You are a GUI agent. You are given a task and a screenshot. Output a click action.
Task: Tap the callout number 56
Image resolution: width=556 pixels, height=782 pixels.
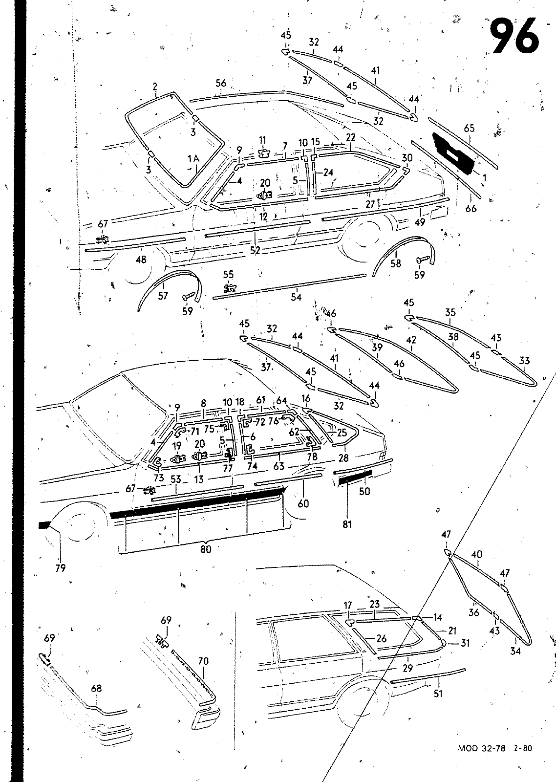click(x=221, y=83)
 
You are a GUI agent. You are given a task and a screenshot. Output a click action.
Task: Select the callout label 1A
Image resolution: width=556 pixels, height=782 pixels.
click(x=193, y=159)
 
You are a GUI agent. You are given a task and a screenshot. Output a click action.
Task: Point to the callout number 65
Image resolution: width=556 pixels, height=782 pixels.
click(x=470, y=128)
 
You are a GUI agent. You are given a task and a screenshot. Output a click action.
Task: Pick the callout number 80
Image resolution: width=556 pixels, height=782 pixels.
click(x=206, y=549)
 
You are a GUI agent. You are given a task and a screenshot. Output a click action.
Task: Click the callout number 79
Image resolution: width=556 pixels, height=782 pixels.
click(x=61, y=568)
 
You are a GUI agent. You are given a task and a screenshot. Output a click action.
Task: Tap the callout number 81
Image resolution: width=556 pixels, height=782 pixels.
click(x=347, y=524)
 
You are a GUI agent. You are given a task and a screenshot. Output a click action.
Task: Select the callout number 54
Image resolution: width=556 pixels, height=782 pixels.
click(x=296, y=297)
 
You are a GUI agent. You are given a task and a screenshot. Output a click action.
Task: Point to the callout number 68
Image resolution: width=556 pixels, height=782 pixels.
click(x=96, y=688)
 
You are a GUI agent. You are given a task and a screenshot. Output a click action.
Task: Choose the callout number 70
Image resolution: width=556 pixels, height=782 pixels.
click(x=203, y=661)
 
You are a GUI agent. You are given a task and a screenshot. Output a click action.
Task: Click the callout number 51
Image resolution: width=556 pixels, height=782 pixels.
click(x=438, y=694)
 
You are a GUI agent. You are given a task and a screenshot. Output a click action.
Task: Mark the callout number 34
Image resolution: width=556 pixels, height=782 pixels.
click(x=515, y=651)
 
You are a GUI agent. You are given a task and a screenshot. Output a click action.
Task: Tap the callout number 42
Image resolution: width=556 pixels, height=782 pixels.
click(x=411, y=339)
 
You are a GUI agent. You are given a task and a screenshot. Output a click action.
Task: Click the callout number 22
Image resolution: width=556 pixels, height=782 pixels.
click(x=350, y=137)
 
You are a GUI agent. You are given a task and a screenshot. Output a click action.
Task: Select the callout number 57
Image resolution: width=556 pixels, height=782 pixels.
click(x=163, y=296)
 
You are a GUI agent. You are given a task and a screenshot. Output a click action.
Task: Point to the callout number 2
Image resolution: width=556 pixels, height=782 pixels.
click(x=154, y=86)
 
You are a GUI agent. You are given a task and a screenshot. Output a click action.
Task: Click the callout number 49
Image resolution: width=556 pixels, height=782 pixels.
click(x=420, y=222)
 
